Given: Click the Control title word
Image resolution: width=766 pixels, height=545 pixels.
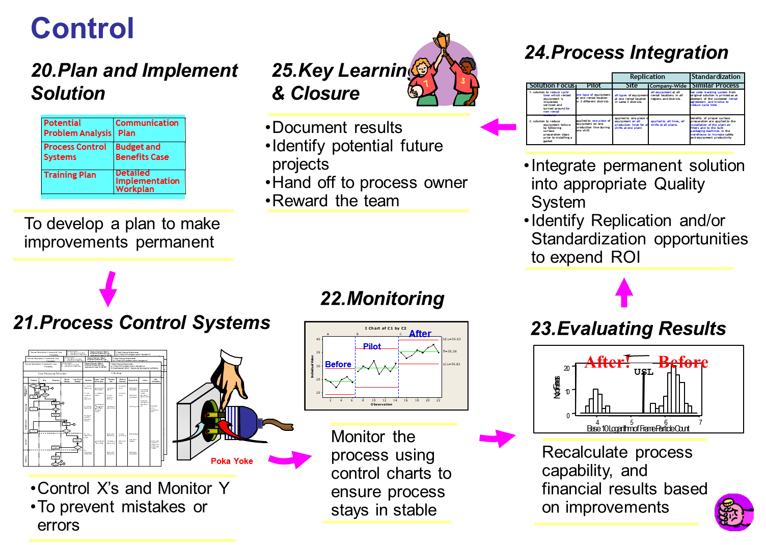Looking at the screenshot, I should click(x=83, y=28).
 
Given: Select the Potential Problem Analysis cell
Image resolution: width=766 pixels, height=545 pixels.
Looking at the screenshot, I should click(x=77, y=128).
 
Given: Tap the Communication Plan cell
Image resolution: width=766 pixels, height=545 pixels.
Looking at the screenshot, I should click(x=147, y=128).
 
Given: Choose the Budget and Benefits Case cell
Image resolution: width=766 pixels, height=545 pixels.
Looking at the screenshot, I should click(x=143, y=152).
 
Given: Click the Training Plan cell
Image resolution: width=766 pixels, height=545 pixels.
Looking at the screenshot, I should click(x=70, y=175).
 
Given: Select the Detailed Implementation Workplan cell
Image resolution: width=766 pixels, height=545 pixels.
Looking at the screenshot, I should click(x=147, y=181).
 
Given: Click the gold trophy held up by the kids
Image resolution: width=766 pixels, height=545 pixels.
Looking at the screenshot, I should click(x=442, y=41).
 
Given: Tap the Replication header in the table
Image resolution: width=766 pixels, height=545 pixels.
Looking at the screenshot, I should click(x=647, y=77).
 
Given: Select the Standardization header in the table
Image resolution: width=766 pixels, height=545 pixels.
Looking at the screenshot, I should click(x=716, y=77).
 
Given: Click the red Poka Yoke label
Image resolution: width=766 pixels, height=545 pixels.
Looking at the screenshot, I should click(x=232, y=461).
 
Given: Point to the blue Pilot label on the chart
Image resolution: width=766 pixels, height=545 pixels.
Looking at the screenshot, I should click(x=372, y=346).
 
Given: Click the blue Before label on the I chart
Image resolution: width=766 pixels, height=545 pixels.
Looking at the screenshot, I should click(x=338, y=365).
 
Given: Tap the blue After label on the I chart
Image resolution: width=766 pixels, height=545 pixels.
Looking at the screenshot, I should click(x=420, y=334).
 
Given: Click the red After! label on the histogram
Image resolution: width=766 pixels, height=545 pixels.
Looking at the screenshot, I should click(x=608, y=362).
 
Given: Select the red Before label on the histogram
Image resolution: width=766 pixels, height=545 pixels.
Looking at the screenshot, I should click(x=683, y=362).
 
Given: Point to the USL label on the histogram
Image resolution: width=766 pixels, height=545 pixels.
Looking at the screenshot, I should click(x=643, y=372).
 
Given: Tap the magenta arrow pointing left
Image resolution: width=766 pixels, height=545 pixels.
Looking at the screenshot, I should click(x=498, y=127).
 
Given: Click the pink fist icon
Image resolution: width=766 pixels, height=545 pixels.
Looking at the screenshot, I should click(x=734, y=512).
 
